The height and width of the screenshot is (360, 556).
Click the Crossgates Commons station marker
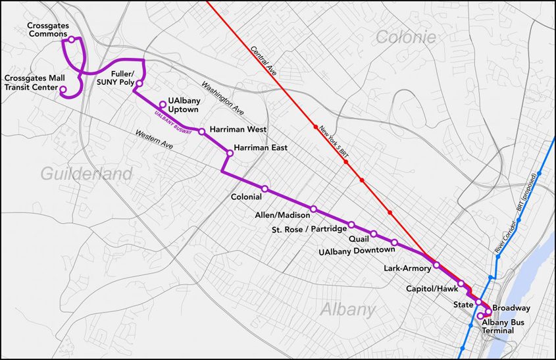coord(71,39)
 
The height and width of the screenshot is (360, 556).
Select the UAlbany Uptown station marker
coord(163,104)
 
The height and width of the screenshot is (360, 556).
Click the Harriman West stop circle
coord(201,132)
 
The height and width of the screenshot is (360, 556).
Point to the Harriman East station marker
coord(230,153)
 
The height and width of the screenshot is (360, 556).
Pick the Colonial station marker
coord(265,189)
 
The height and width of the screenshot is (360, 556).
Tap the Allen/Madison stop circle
coord(313,209)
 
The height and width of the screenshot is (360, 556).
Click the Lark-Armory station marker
coord(436,265)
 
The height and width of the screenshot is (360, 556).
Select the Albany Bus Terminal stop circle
coord(480,315)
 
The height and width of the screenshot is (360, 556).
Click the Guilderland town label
coord(87,174)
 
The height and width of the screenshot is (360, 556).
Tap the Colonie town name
coord(405,38)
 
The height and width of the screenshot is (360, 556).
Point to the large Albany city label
coord(348,310)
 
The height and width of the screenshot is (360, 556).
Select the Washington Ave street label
coord(223,96)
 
